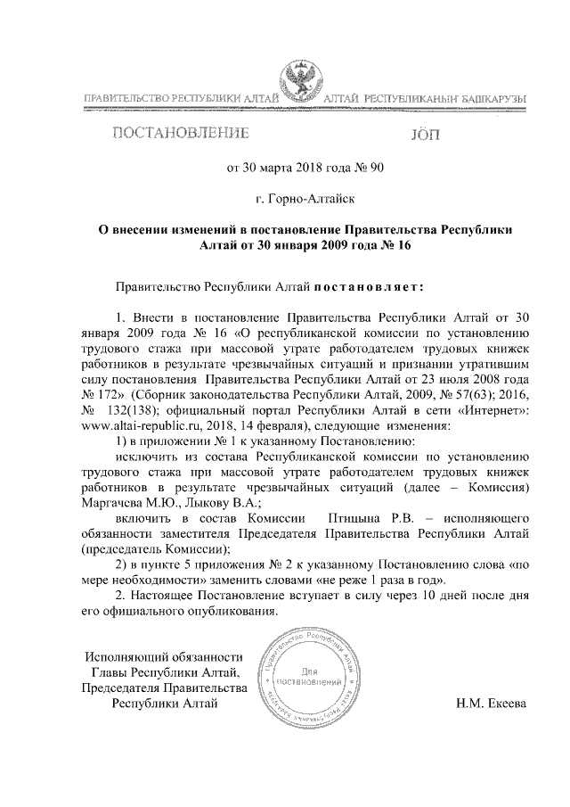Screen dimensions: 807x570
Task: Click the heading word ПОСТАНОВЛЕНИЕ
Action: click(x=178, y=135)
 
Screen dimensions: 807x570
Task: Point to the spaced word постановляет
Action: click(x=370, y=287)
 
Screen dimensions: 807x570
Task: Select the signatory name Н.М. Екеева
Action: click(x=491, y=703)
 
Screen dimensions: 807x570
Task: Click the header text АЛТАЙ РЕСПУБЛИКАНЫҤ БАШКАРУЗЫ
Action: click(x=424, y=96)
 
